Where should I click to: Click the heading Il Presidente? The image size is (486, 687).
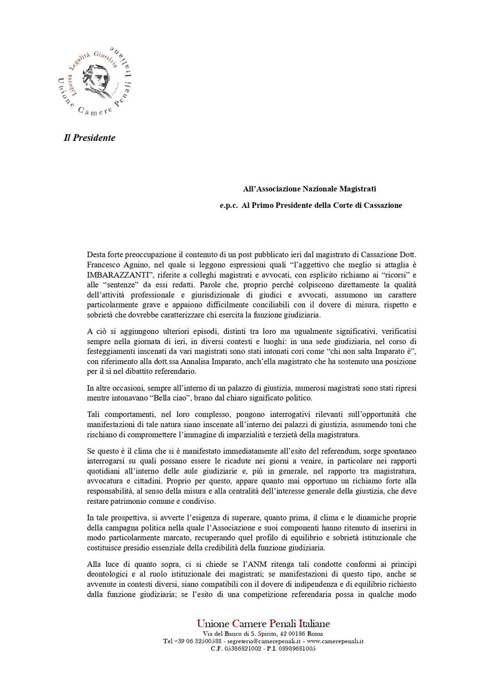89,138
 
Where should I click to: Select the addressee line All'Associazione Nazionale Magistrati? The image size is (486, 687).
309,188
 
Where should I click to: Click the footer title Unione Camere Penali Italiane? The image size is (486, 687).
263,623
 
